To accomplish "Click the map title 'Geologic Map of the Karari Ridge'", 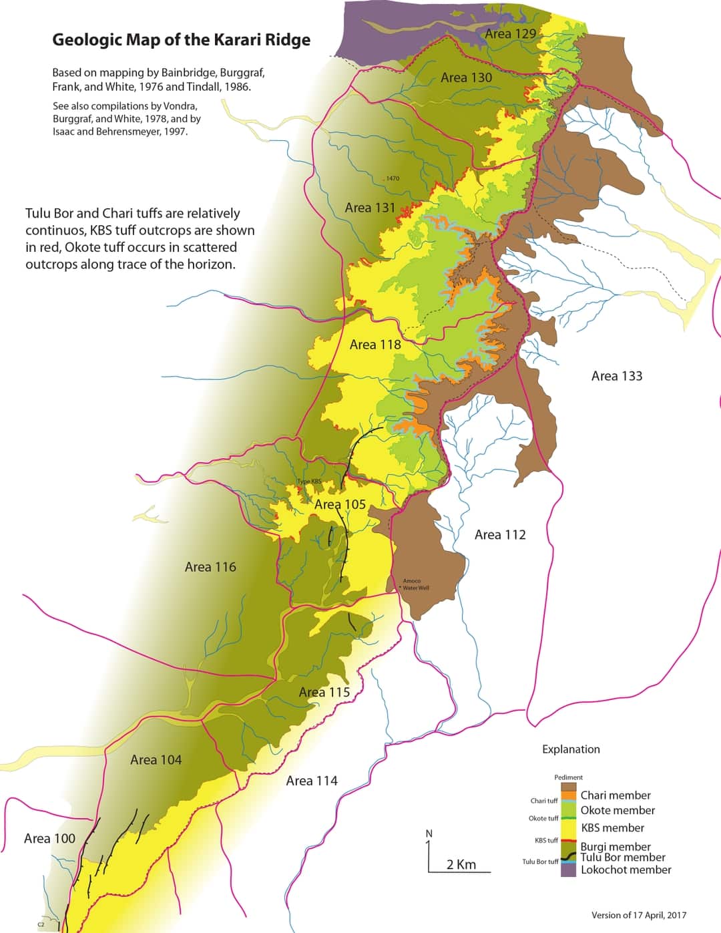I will point(181,39).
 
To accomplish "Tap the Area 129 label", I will point(510,33).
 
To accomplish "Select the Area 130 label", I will point(466,77).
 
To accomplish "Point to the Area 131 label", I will point(370,208).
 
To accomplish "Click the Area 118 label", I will point(375,345).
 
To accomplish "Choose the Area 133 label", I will point(616,376).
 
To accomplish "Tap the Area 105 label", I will point(340,504).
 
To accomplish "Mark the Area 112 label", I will point(500,534).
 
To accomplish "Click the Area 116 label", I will point(210,567).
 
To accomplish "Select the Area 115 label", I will point(324,692).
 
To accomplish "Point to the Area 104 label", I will point(156,759).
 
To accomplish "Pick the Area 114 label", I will point(312,781).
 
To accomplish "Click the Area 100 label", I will point(49,838).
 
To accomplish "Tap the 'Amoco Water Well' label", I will point(415,584).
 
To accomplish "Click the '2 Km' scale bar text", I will point(461,864).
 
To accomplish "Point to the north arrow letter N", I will point(429,833).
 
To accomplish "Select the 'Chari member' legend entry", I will point(615,795).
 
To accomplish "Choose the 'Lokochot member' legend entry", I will point(626,870).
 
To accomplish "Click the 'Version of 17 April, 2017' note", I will point(638,915).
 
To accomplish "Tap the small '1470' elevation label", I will point(392,178).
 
